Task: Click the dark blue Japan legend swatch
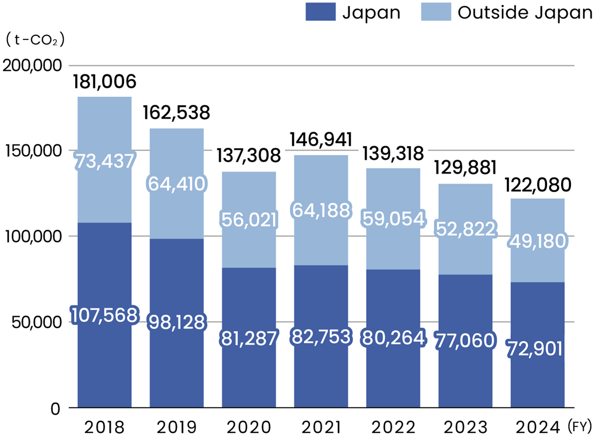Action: (321, 12)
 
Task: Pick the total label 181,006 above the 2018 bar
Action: (105, 81)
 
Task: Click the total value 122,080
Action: (538, 186)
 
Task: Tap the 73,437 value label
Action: (105, 161)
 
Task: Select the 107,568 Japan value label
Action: (104, 315)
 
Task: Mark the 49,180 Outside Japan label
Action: (538, 242)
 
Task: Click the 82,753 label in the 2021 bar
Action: (321, 337)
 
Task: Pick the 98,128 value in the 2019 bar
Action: (177, 322)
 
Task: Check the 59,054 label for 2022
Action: (393, 219)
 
